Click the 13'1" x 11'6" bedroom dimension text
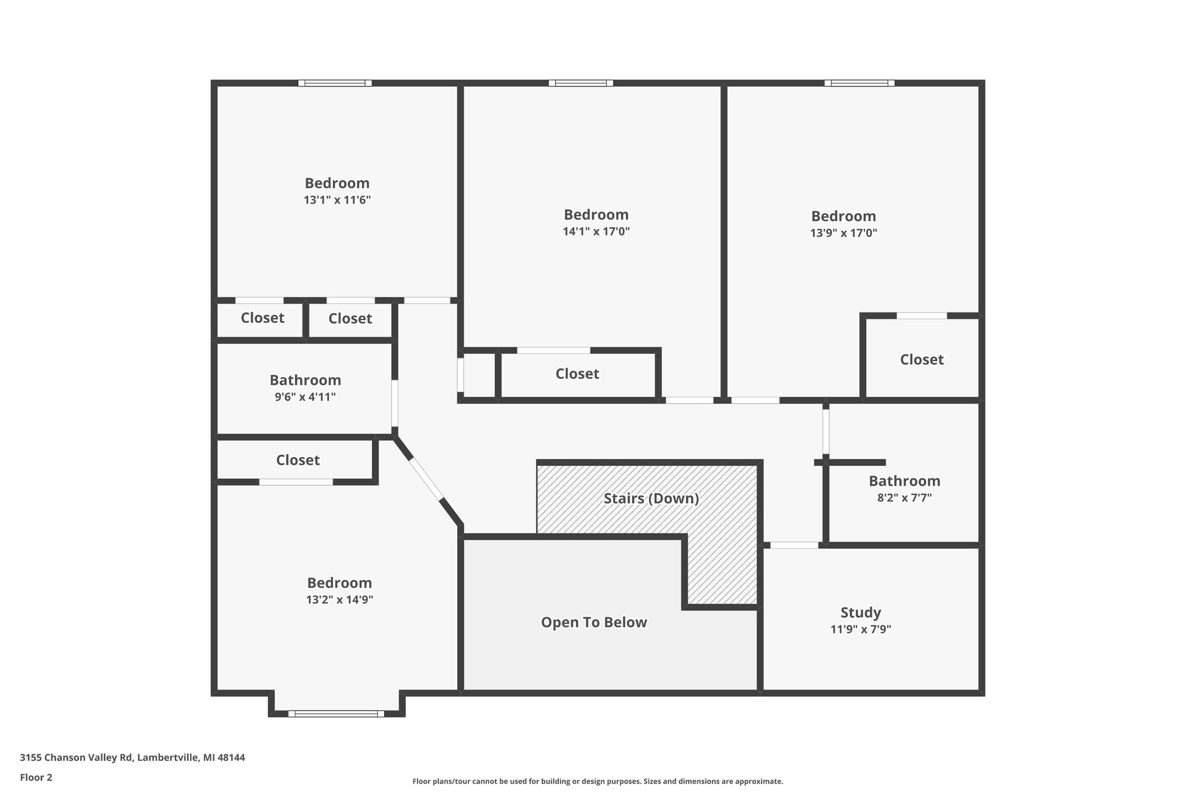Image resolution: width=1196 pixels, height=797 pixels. [x=337, y=200]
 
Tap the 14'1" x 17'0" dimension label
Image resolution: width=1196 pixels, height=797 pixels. [x=596, y=232]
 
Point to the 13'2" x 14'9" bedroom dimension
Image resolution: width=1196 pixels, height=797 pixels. [x=339, y=600]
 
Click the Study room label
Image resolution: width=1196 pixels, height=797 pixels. [x=860, y=612]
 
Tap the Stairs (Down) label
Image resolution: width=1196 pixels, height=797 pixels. [x=651, y=499]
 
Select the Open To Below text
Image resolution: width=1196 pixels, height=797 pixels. [x=594, y=622]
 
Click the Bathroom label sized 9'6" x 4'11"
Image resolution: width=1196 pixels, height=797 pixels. [x=305, y=380]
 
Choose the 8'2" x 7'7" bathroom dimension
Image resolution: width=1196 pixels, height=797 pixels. [x=904, y=498]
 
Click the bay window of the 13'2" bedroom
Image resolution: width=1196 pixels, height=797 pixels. [x=336, y=714]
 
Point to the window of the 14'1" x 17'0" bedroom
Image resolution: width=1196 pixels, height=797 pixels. [x=580, y=83]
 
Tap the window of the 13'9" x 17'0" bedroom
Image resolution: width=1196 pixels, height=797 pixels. [x=859, y=83]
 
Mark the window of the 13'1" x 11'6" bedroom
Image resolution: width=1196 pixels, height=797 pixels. [x=335, y=83]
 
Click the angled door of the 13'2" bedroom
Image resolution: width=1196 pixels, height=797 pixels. [x=426, y=479]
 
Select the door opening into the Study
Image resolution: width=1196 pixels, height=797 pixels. [x=794, y=545]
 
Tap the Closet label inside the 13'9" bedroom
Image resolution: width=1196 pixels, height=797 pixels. [x=921, y=360]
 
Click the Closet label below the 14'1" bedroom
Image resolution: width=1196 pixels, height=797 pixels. [x=577, y=374]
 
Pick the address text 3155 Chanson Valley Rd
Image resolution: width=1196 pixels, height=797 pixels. [x=132, y=758]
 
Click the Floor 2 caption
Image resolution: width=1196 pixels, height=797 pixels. [x=36, y=777]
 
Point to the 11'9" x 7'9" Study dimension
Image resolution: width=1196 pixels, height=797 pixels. [x=860, y=629]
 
